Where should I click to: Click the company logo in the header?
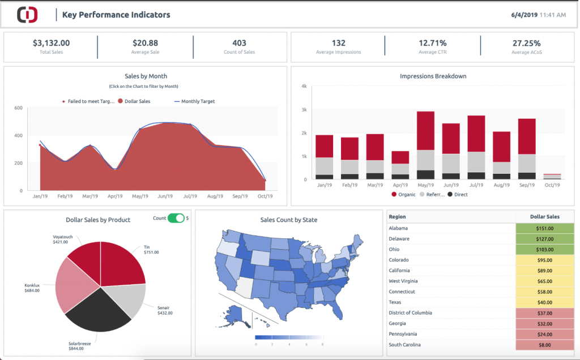click(x=27, y=15)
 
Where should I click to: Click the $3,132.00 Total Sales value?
click(x=51, y=43)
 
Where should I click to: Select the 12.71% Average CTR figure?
click(x=433, y=43)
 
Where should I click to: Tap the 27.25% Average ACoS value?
click(x=526, y=43)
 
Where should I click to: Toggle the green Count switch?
click(x=176, y=218)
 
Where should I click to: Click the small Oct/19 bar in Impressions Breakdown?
click(x=552, y=177)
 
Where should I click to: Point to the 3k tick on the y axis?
click(x=304, y=110)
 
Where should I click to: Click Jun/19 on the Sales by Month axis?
click(x=165, y=196)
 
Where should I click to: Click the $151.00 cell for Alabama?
click(x=544, y=228)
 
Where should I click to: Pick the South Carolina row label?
click(x=406, y=345)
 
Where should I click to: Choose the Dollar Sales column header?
click(x=544, y=217)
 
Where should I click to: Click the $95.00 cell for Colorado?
click(x=544, y=260)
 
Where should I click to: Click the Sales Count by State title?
click(x=288, y=220)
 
